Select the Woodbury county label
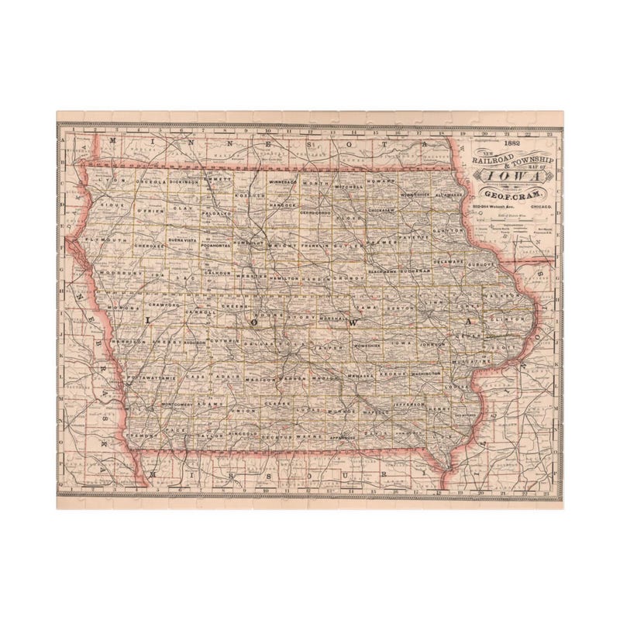click(117, 273)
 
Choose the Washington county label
click(425, 374)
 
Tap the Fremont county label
click(142, 436)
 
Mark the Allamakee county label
click(450, 195)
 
